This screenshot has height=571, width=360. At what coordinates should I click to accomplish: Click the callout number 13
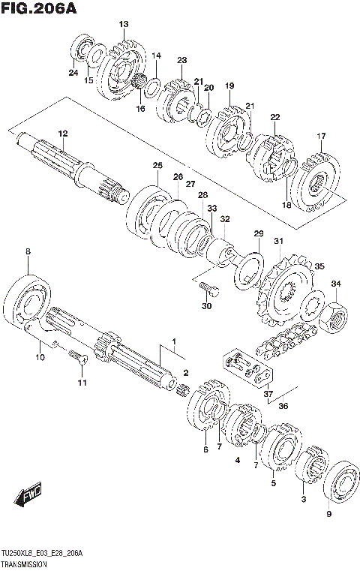tap(124, 25)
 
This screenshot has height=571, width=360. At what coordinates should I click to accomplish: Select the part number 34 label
tap(337, 284)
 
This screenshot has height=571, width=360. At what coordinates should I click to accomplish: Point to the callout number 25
tap(157, 165)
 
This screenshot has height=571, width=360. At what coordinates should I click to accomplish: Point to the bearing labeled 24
tap(82, 50)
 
